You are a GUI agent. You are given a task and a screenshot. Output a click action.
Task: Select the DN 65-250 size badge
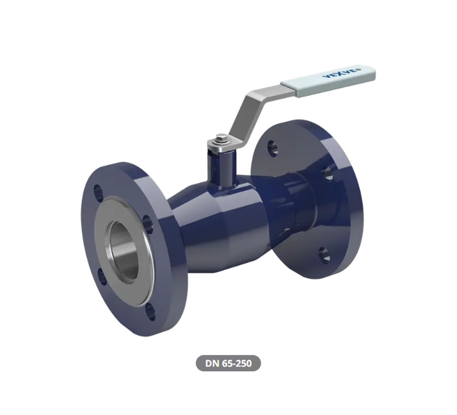[x=228, y=364]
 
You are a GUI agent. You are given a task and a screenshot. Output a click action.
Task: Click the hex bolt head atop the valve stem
[x=222, y=138]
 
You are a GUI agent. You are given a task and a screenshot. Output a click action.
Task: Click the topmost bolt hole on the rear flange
[x=272, y=147]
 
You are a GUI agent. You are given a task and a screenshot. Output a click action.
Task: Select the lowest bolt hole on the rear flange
[x=324, y=254]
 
